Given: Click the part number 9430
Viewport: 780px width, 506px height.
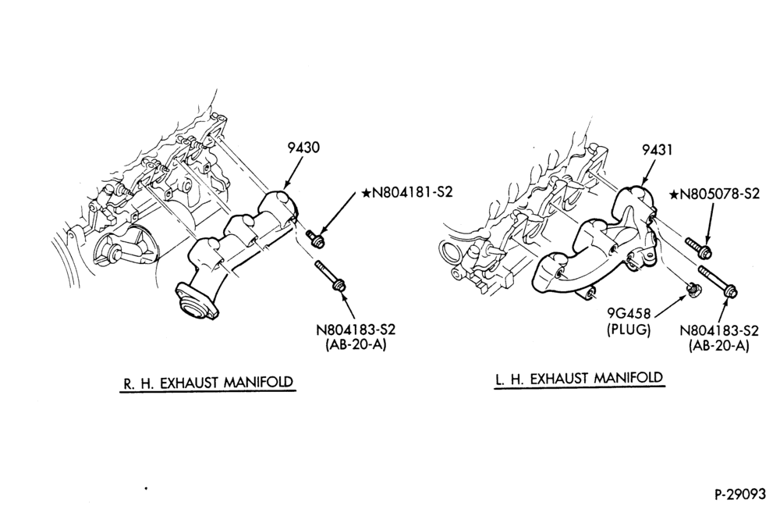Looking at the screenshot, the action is [x=303, y=148].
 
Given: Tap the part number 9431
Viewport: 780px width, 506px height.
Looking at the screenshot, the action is [x=656, y=149].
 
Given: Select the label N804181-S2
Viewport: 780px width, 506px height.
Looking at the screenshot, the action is [x=413, y=192].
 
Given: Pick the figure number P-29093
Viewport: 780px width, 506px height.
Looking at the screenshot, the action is [x=740, y=494].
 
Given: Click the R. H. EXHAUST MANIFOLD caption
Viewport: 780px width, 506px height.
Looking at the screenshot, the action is [x=208, y=382].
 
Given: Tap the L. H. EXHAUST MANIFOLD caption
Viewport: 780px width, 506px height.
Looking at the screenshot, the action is [x=580, y=379].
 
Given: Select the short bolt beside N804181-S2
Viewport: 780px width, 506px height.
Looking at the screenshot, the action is [x=314, y=237].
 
